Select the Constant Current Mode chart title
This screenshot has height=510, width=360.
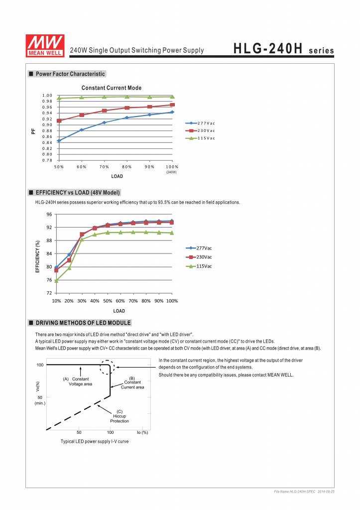[111, 88]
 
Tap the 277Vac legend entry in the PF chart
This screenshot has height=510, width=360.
[201, 123]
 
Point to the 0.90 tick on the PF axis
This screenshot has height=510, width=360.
[47, 125]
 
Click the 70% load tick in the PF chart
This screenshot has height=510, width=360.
[104, 166]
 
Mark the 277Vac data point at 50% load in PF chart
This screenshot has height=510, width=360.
[59, 140]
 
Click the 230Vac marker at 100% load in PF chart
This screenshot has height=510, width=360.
[172, 105]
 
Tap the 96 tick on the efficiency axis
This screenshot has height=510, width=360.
[49, 215]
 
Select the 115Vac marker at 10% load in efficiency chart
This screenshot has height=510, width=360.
[56, 280]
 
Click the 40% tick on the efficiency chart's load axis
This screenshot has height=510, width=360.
[95, 301]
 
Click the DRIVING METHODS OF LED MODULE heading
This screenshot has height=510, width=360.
[83, 323]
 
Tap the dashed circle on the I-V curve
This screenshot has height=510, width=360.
[107, 368]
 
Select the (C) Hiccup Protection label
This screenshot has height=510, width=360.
[120, 416]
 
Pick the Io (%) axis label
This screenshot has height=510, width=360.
[142, 432]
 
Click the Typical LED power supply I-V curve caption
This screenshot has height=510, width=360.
[95, 441]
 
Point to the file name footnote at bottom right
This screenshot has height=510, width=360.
[304, 492]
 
